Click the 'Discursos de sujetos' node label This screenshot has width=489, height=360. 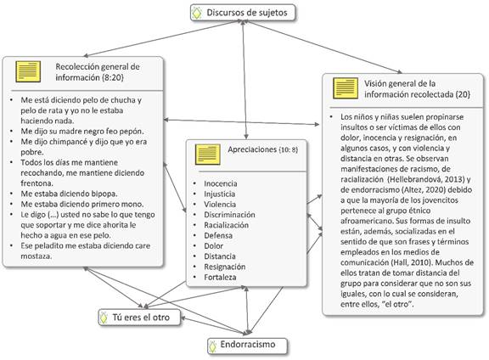click(247, 13)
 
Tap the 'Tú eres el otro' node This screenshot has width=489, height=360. click(139, 318)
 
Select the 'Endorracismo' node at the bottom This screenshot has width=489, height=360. click(247, 346)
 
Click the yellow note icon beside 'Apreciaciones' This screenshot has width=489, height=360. click(208, 155)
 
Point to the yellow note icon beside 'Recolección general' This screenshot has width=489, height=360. click(28, 72)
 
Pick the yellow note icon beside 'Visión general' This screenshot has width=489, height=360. click(346, 88)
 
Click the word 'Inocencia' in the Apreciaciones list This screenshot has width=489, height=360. click(221, 183)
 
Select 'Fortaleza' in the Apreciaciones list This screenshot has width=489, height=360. click(220, 277)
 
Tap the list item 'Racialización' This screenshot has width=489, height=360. click(227, 225)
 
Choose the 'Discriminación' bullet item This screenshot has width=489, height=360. click(229, 215)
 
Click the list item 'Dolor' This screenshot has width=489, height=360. click(214, 246)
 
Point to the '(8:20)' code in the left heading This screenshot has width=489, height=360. click(113, 77)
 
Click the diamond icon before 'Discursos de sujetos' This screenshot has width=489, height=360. click(197, 13)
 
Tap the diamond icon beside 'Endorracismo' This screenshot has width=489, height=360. click(213, 346)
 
